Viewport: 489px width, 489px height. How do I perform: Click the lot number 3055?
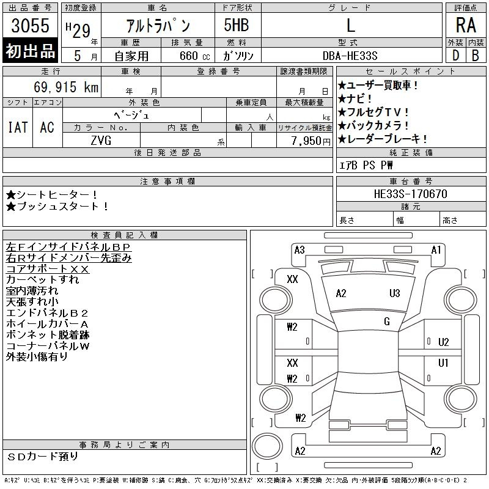(x=30, y=26)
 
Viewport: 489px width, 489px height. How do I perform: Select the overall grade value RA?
(x=466, y=25)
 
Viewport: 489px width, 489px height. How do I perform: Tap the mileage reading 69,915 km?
(x=66, y=87)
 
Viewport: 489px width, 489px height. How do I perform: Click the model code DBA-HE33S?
(x=350, y=56)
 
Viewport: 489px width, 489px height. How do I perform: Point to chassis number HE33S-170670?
(x=410, y=194)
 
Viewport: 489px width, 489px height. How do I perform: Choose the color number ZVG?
(x=101, y=141)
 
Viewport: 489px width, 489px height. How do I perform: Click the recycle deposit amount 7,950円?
(x=311, y=141)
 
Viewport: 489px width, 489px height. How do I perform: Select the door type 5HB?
(x=237, y=25)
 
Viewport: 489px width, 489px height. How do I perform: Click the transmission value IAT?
(x=18, y=127)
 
